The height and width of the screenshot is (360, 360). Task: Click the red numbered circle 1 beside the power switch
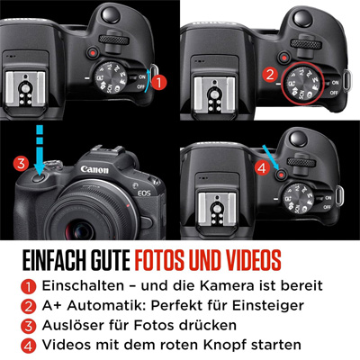coord(158,82)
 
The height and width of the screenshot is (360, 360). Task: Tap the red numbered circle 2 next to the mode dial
coord(270,75)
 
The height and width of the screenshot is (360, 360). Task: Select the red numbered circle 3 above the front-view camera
coord(21,164)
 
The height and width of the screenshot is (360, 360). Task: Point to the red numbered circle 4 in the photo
coord(262,168)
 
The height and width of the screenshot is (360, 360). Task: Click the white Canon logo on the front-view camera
coord(94,169)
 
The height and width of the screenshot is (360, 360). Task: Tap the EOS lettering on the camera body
coord(144,193)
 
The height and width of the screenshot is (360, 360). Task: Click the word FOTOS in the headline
coord(159,260)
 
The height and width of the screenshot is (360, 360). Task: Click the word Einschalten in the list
coord(83,285)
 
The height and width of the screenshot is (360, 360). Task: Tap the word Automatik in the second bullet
coord(106,305)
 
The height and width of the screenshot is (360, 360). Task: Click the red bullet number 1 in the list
coord(28,287)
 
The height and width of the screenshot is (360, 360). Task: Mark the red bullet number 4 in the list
coord(28,346)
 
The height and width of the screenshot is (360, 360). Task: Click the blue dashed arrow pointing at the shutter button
coord(40,149)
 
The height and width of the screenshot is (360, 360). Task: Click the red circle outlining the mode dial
coord(302,84)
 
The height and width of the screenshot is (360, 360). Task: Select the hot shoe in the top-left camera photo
coord(25,89)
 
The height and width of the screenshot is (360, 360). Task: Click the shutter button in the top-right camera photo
coord(302,18)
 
